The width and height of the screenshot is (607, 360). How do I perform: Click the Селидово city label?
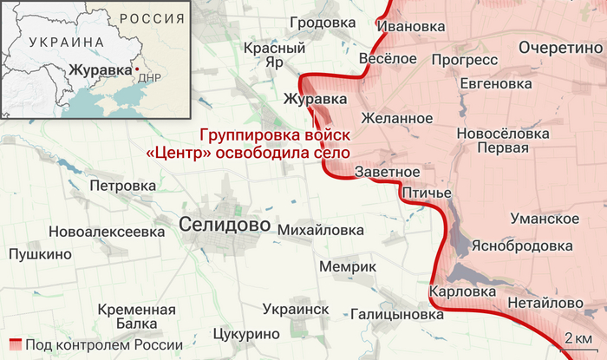[x=225, y=225]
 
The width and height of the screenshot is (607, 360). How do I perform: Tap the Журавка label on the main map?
[x=309, y=100]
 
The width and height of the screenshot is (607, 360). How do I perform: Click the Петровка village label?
[x=123, y=186]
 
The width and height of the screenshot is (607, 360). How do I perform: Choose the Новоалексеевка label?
[x=107, y=232]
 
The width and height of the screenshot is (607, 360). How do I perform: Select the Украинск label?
[x=295, y=309]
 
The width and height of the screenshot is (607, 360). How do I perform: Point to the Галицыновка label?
[x=397, y=314]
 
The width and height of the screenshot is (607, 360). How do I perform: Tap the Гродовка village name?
[x=324, y=23]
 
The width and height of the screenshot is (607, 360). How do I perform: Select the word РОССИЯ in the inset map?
[x=147, y=18]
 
